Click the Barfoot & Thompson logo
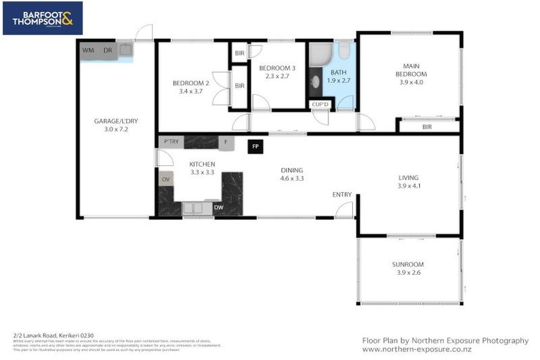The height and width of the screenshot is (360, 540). tap(42, 18)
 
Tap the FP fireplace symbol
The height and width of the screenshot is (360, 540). tap(255, 147)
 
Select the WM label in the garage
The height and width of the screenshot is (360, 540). tap(89, 50)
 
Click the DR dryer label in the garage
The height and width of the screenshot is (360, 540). tap(108, 50)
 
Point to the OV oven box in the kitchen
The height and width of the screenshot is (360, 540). tap(166, 179)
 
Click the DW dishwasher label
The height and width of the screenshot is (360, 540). tap(219, 207)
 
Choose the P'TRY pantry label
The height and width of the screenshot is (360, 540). tap(171, 142)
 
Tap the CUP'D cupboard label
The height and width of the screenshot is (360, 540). tap(320, 105)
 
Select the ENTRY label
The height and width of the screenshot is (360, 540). tap(342, 194)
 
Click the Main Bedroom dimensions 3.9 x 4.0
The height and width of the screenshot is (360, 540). tap(411, 82)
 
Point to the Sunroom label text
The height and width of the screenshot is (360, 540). tap(408, 264)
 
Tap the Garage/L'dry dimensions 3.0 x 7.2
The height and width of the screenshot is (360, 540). tap(116, 130)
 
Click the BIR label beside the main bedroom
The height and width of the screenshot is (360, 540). tap(427, 127)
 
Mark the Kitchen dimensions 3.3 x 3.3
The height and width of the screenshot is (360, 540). tap(202, 172)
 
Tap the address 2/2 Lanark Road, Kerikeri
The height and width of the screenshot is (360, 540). tap(53, 335)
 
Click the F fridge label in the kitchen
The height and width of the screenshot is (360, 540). tap(226, 142)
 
